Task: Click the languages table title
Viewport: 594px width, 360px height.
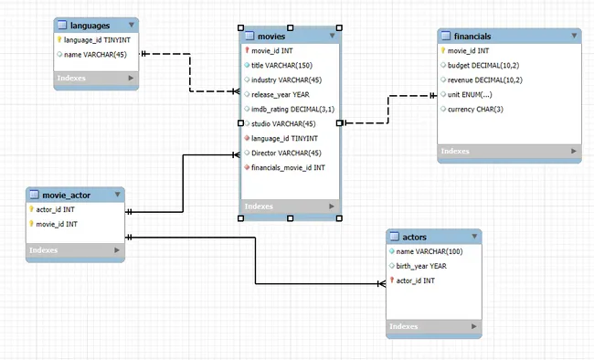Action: (90, 25)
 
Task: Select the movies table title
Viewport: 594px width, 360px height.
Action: (272, 36)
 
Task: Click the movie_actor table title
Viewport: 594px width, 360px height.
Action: (66, 194)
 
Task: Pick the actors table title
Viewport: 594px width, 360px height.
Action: (408, 237)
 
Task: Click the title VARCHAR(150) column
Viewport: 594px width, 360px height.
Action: (282, 65)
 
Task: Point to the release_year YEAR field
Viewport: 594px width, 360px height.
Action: (281, 94)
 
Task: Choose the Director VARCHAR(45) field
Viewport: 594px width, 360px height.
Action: (285, 153)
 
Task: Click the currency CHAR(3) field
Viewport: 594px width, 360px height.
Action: (476, 109)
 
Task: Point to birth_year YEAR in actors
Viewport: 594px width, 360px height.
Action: (420, 266)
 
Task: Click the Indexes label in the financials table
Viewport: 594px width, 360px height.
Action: (455, 151)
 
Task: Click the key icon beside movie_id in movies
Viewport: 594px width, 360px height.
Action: (247, 50)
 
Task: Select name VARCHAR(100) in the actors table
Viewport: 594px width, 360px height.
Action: (429, 251)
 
